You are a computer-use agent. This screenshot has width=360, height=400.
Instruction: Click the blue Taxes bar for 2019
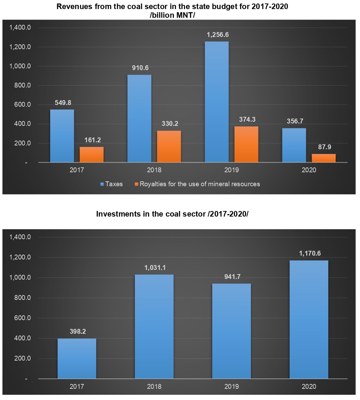[216, 102]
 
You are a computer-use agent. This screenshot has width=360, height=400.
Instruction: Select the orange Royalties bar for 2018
[169, 146]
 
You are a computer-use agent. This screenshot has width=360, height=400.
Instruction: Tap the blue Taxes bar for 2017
[62, 136]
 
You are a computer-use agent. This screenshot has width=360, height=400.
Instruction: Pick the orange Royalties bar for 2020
[324, 158]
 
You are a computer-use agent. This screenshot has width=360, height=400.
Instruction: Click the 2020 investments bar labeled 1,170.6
[309, 319]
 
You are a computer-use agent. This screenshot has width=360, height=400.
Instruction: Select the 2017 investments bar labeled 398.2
[77, 359]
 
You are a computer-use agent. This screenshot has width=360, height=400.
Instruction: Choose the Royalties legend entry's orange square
[137, 184]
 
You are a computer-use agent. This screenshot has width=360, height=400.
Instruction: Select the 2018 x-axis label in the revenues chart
[154, 170]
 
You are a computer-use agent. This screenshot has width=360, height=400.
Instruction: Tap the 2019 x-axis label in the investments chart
[231, 386]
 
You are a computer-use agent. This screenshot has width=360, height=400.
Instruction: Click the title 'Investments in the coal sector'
[172, 214]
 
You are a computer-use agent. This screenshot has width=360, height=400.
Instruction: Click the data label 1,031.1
[154, 268]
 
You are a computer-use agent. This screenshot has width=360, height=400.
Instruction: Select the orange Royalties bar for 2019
[246, 144]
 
